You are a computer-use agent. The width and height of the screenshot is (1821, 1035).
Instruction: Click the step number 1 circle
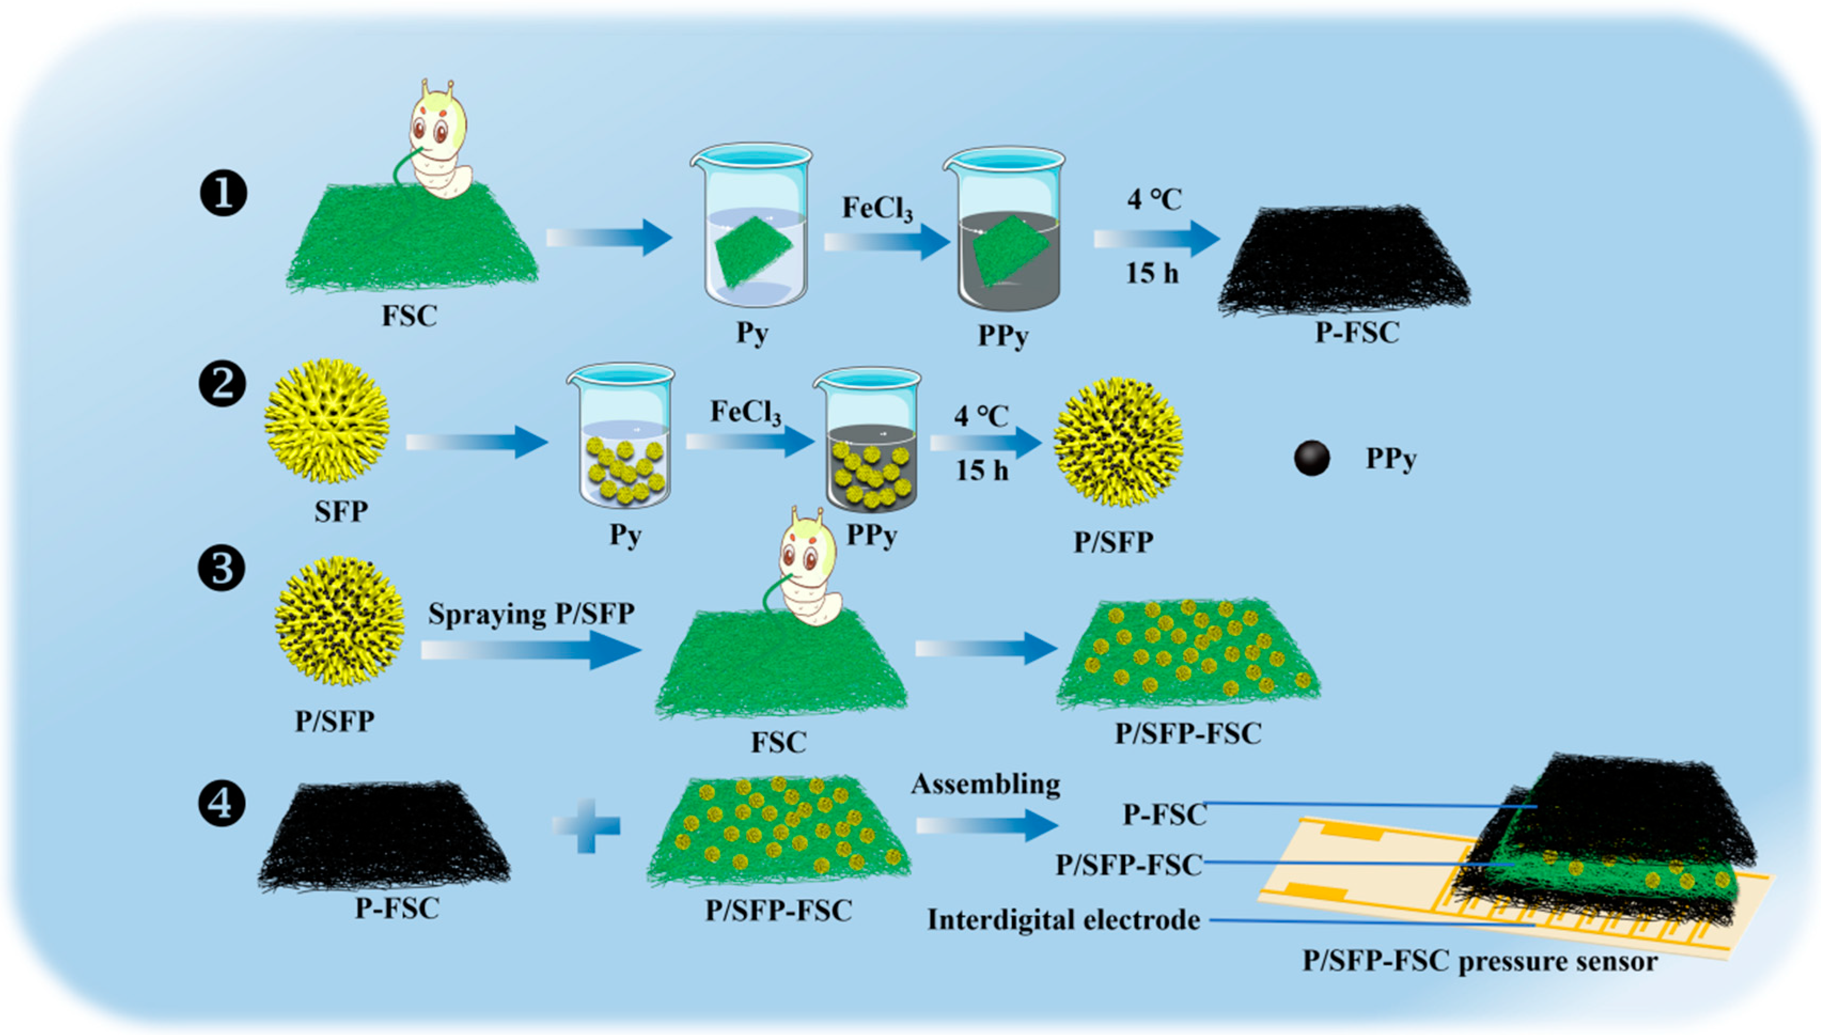(223, 194)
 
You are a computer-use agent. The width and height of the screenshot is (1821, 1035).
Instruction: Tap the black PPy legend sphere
(1312, 459)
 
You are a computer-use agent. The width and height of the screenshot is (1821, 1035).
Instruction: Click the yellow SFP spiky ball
(326, 421)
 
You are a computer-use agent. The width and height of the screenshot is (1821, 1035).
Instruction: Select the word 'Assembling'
(985, 784)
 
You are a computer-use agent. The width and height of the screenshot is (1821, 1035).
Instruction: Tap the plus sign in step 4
(586, 825)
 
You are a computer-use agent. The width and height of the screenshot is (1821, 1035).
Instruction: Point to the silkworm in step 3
(810, 569)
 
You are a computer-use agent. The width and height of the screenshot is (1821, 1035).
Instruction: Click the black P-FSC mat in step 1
(1344, 260)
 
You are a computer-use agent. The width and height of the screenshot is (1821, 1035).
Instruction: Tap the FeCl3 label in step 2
(745, 412)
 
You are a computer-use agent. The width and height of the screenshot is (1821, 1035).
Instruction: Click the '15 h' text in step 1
(1151, 273)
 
